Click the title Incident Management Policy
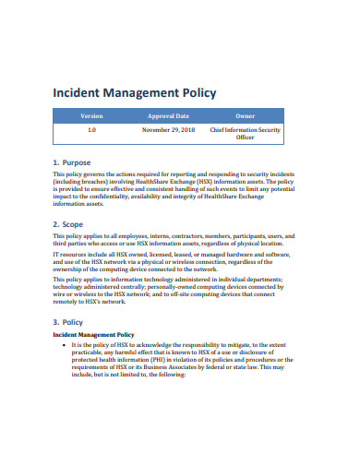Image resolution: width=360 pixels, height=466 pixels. coord(134,92)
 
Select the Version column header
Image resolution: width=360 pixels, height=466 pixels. coord(91,116)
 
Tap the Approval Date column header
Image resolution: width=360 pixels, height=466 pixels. coord(168,116)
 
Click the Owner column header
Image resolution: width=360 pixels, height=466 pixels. coord(245,116)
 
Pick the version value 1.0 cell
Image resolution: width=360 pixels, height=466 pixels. coord(91,131)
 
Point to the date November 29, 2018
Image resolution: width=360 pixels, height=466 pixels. coord(168,131)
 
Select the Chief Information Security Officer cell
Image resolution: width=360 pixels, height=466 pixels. coord(245,135)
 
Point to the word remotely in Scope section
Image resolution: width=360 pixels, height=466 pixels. coord(67,301)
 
